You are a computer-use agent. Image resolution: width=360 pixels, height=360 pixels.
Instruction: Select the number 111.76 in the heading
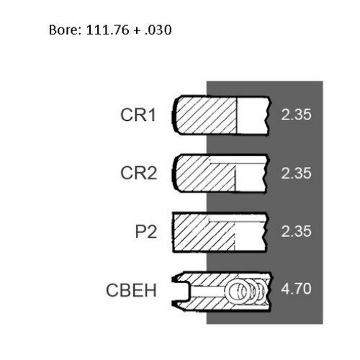tap(107, 30)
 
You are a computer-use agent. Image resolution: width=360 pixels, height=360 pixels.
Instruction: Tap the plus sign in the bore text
tap(137, 31)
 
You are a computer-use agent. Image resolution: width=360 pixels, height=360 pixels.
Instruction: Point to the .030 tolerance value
tap(158, 30)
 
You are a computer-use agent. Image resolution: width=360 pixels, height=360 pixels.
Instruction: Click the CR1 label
tap(138, 114)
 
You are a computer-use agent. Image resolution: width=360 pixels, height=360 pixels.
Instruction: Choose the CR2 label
tap(139, 173)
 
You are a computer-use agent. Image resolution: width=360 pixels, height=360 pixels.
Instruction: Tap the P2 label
tap(146, 231)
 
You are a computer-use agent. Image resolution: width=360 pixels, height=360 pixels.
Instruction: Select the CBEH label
tap(131, 290)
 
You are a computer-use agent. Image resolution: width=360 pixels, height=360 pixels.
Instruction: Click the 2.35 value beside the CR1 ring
tap(296, 114)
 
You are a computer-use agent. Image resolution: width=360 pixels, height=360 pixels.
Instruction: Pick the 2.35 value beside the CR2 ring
tap(296, 173)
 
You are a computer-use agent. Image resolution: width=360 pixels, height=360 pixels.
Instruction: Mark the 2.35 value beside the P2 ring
tap(296, 231)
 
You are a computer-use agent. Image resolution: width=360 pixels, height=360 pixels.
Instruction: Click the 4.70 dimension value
tap(296, 289)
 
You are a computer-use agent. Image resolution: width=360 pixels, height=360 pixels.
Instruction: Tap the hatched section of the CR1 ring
tap(206, 115)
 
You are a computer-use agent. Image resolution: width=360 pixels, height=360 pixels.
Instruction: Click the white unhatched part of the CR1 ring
tap(252, 115)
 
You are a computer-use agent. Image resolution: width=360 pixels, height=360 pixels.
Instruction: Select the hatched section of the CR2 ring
tap(204, 175)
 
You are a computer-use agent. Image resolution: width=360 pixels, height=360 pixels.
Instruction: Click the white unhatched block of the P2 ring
tap(250, 236)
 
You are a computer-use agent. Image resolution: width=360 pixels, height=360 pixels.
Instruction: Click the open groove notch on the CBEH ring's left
tap(181, 291)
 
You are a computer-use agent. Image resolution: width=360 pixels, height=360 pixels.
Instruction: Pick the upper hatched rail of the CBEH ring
tap(216, 279)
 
